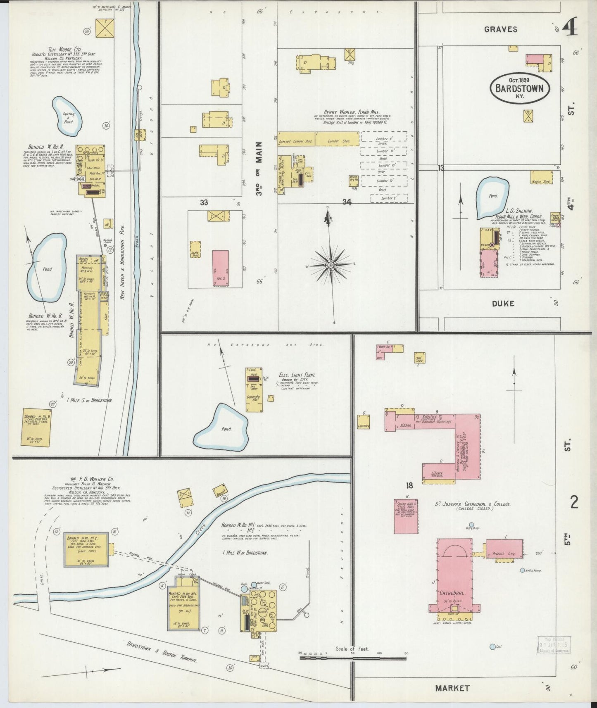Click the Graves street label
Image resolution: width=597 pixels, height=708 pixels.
[x=500, y=29]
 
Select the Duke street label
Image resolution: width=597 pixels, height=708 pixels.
[x=503, y=304]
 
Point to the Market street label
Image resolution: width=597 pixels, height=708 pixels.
[x=452, y=688]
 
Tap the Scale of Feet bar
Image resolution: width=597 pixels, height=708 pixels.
[x=352, y=658]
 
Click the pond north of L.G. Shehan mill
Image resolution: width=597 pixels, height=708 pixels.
[x=492, y=197]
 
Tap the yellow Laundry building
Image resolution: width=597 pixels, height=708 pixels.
[x=364, y=422]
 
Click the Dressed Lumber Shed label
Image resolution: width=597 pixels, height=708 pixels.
[x=296, y=141]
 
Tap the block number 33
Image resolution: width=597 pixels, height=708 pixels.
[x=204, y=202]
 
